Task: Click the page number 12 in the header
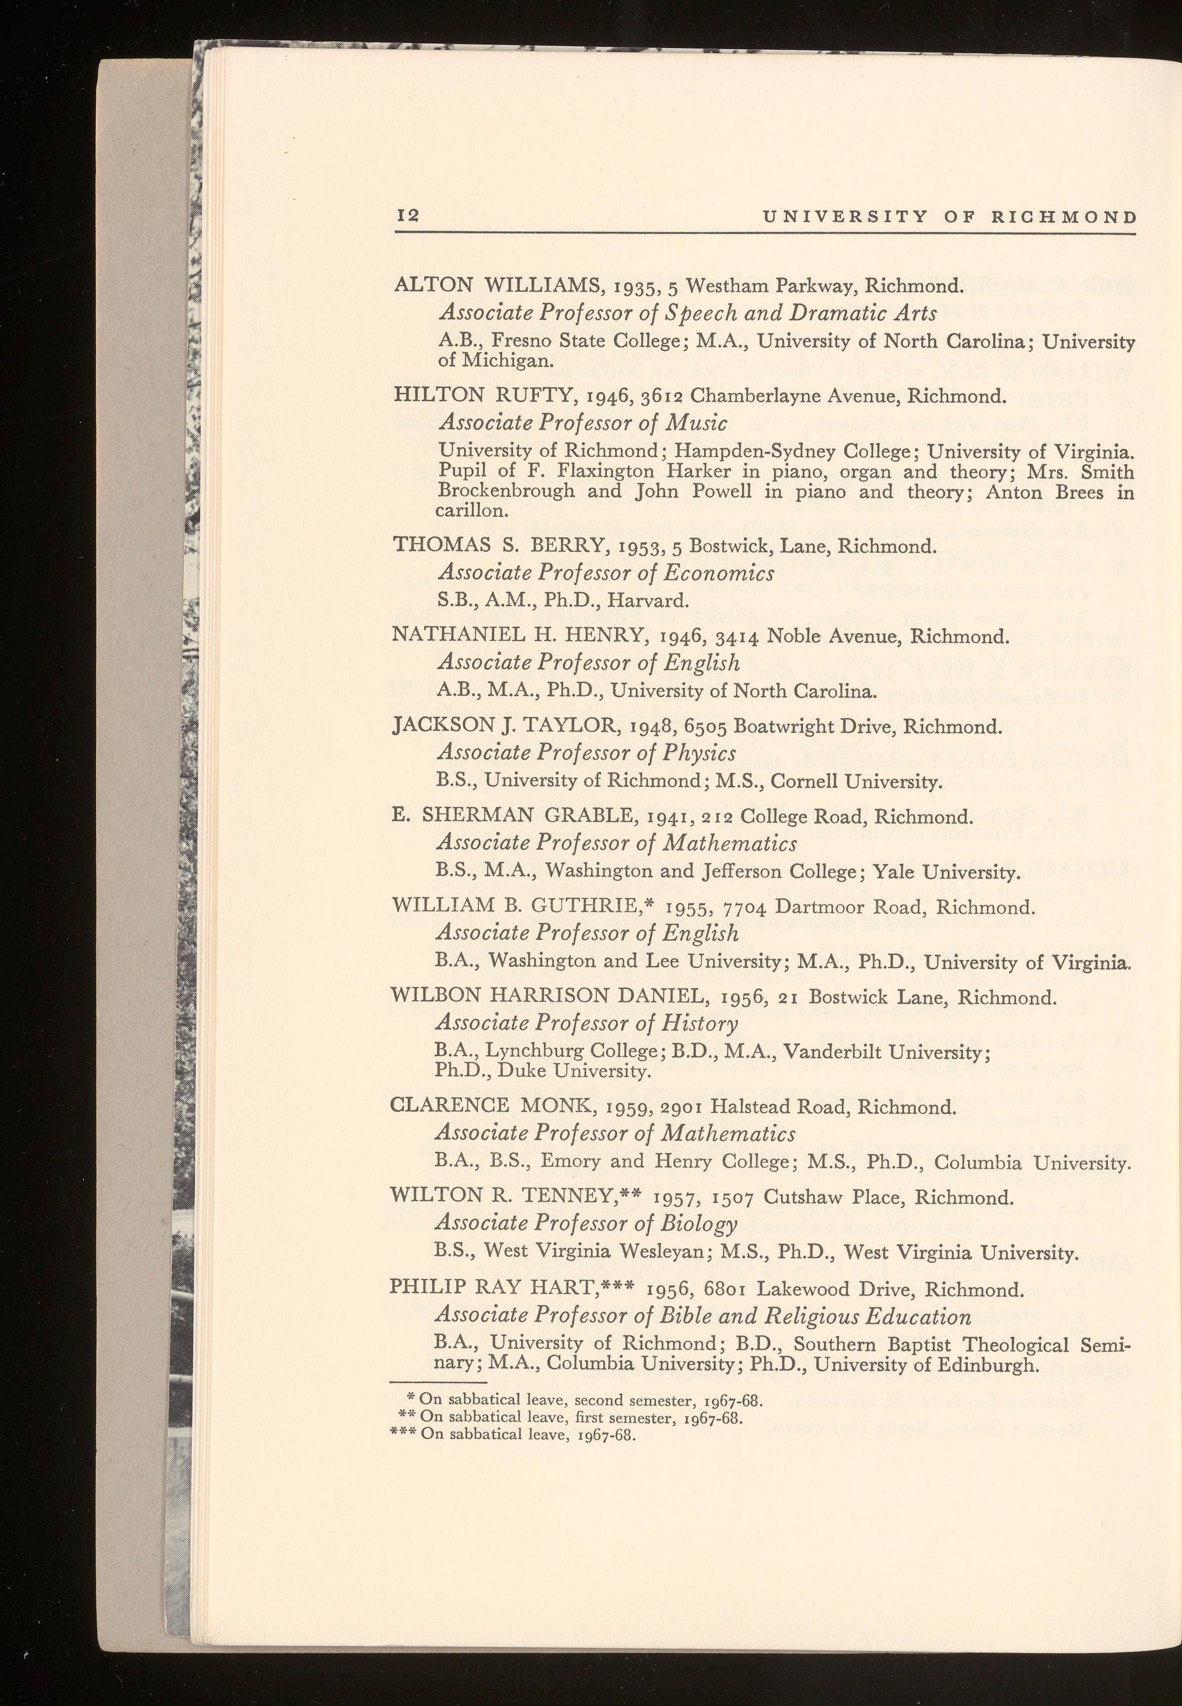408,216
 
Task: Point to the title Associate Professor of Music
583,422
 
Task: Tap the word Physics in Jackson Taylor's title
698,752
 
